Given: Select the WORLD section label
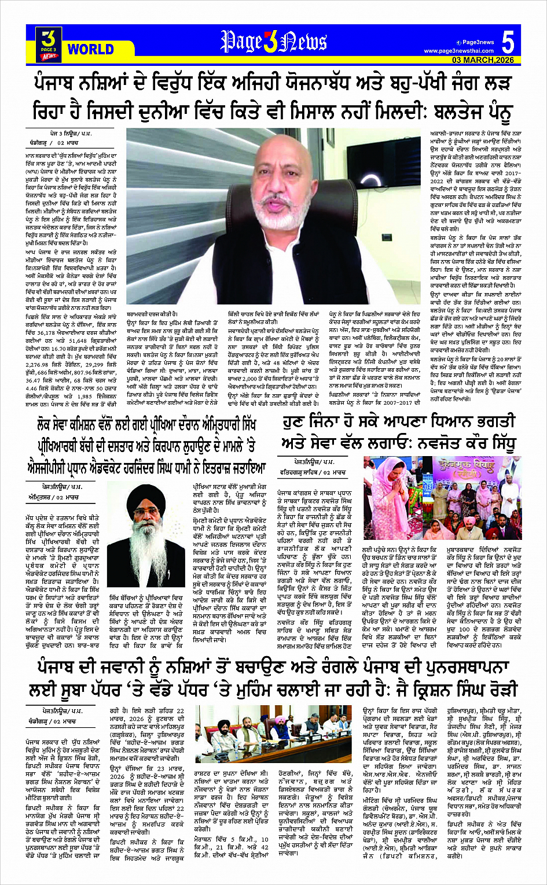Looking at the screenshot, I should point(91,49).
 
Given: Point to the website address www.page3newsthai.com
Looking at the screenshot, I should point(458,51).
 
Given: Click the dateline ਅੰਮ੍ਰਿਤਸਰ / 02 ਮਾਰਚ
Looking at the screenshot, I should point(54,497).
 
